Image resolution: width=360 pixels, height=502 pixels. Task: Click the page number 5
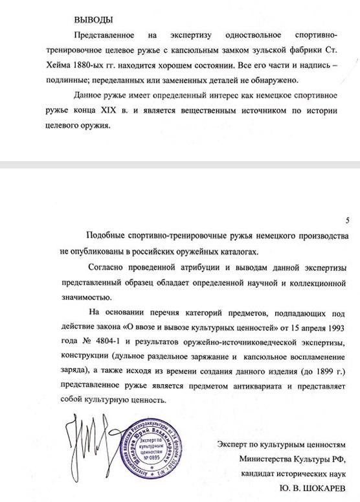[x=348, y=220]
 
